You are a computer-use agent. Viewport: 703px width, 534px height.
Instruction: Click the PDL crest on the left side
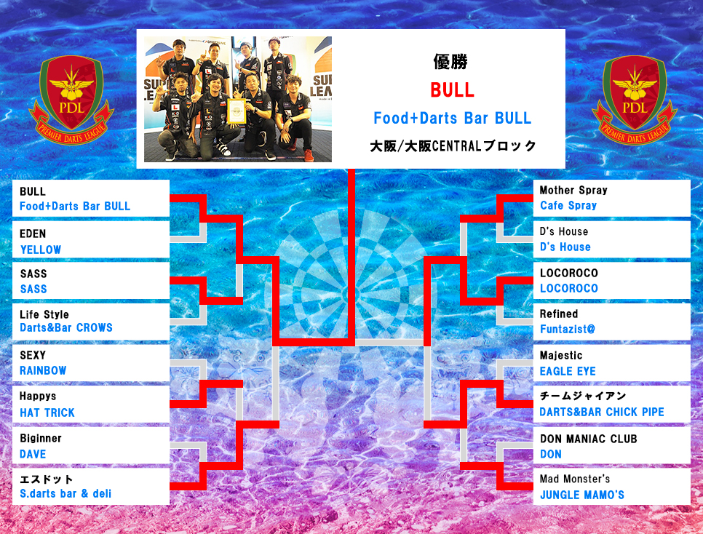tap(71, 100)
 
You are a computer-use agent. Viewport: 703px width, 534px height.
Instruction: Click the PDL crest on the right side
tap(635, 100)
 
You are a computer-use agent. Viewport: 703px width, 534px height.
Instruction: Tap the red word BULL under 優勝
tap(452, 90)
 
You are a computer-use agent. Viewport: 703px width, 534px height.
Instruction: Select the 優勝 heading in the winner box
tap(450, 61)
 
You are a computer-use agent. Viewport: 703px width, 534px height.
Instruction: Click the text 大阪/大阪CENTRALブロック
tap(453, 146)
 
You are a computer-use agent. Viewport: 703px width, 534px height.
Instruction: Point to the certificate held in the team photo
tap(237, 111)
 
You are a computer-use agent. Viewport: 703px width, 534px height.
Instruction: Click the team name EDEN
tap(33, 234)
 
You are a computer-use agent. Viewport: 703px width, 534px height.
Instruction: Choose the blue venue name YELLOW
tap(41, 250)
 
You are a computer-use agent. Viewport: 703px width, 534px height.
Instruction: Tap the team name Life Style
tap(44, 314)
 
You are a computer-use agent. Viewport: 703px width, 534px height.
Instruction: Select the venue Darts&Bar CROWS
tap(66, 328)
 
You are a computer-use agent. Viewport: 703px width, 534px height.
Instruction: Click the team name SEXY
tap(33, 355)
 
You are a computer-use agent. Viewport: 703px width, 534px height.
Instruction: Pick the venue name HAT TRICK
tap(47, 413)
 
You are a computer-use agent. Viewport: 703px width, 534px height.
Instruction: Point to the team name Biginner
tap(41, 439)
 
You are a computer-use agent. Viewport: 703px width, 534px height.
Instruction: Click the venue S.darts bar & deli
tap(65, 494)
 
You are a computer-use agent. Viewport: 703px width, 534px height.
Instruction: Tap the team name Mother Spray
tap(573, 190)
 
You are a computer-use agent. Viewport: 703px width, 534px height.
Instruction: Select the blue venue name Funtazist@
tap(568, 329)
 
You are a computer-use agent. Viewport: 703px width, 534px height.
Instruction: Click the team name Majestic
tap(561, 356)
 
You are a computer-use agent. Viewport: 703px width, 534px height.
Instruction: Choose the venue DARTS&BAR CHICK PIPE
tap(602, 412)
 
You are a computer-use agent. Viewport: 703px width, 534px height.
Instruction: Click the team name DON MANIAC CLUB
tap(588, 439)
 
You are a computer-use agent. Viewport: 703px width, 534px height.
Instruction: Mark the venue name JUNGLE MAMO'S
tap(582, 495)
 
